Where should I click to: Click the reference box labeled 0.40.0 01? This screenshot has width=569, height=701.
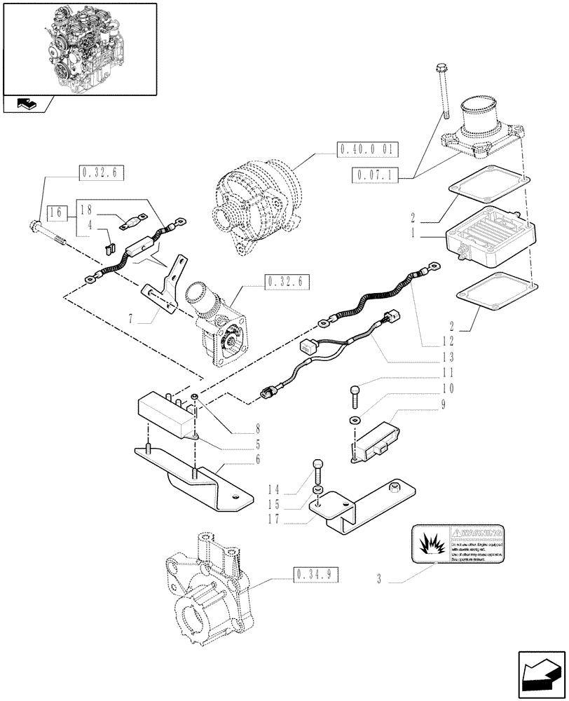367,149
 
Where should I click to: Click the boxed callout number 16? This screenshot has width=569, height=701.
57,212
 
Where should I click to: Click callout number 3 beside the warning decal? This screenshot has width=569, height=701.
379,580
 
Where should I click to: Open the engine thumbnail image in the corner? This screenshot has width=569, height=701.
78,49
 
